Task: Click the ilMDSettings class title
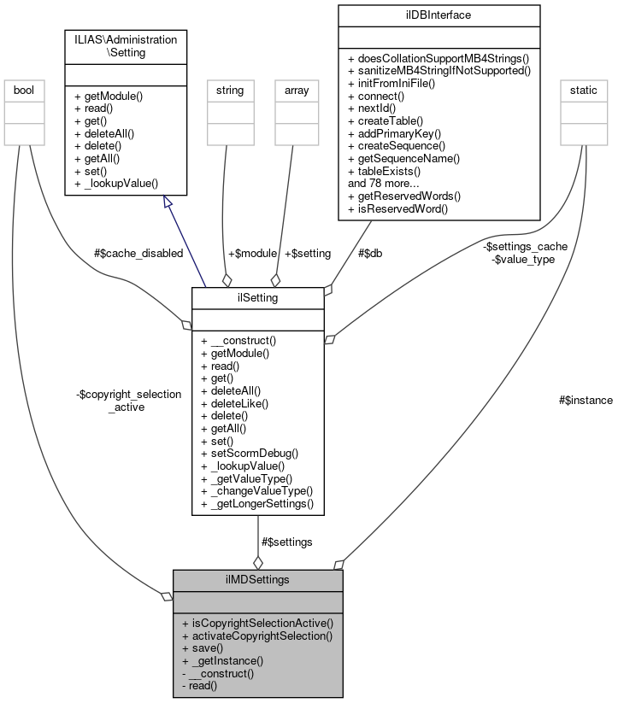(257, 579)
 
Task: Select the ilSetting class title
(257, 296)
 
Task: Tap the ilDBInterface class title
(439, 15)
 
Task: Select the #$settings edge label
(286, 542)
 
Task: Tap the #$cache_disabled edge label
(138, 253)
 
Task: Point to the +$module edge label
(252, 253)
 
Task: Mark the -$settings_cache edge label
(525, 246)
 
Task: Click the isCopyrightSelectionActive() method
(257, 624)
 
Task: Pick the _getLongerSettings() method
(257, 504)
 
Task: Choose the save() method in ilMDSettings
(203, 648)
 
